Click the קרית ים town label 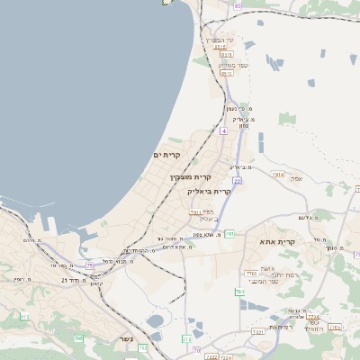tap(167, 156)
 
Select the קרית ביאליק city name tap(210, 191)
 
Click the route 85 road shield tap(238, 5)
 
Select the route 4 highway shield tap(223, 130)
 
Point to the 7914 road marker tap(276, 174)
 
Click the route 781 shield tap(230, 234)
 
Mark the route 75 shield tap(90, 265)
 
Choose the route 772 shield tap(186, 338)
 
